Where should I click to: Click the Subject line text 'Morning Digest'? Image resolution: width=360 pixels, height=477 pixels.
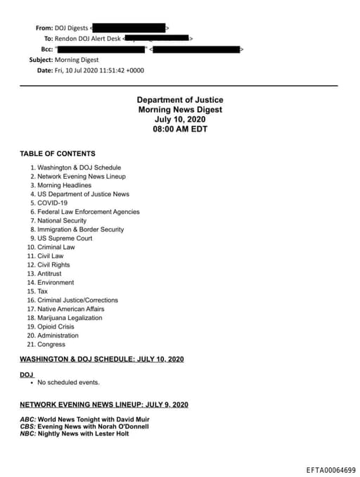click(x=77, y=60)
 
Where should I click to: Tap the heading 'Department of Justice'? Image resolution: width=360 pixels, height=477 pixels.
click(x=180, y=101)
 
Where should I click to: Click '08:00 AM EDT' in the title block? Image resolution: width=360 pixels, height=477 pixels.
click(x=180, y=129)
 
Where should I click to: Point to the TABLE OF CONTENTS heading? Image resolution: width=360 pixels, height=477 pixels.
click(x=58, y=153)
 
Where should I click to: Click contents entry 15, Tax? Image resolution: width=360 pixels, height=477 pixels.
click(x=42, y=291)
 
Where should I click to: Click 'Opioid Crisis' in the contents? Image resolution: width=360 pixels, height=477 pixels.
click(x=56, y=326)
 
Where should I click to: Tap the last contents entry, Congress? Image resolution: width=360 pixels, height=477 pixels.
click(x=51, y=345)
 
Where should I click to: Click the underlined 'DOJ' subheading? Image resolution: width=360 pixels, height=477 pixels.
click(x=27, y=374)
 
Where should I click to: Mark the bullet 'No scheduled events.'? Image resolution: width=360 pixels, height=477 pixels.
click(x=68, y=383)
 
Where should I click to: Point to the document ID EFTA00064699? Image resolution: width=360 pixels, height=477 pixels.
click(x=330, y=469)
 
